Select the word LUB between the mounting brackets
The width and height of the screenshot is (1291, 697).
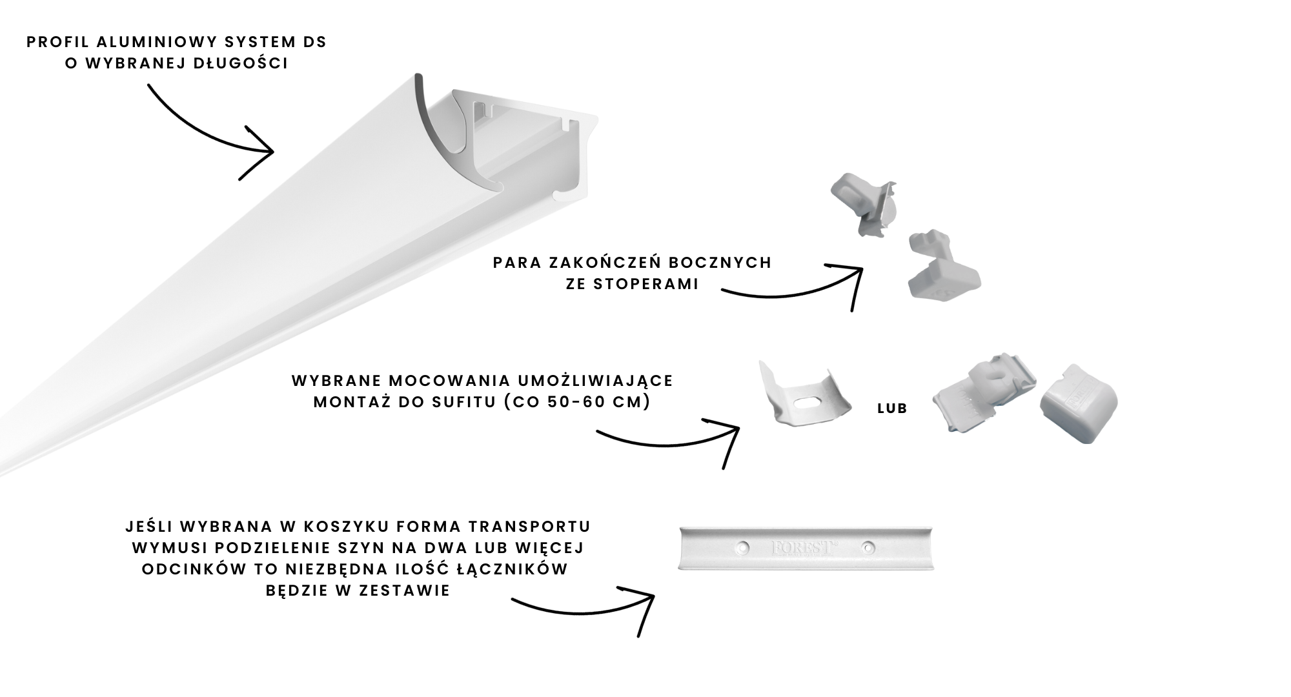click(892, 409)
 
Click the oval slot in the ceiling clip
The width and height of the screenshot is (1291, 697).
click(811, 403)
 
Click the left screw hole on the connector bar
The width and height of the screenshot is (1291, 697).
click(743, 548)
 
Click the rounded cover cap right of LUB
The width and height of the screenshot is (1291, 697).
click(1078, 403)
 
